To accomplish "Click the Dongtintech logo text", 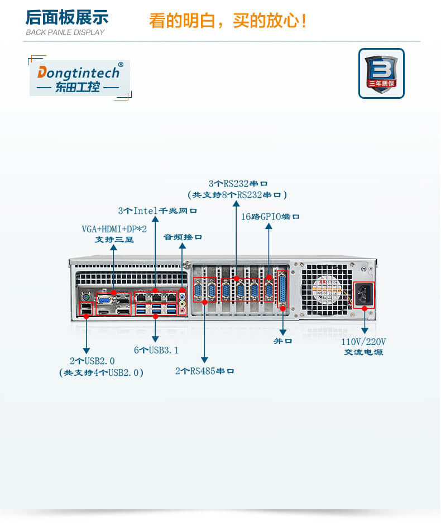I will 78,73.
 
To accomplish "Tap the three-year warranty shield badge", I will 381,73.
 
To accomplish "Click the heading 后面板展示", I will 67,17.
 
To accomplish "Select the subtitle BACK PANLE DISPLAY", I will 65,32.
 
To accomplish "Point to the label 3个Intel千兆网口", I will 157,211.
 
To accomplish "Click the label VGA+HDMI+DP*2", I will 114,229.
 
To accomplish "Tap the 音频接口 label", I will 183,237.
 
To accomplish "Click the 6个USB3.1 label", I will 156,350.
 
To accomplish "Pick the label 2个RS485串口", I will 204,371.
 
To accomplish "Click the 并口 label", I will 282,341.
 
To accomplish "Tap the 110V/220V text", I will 363,342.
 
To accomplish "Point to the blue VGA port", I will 104,299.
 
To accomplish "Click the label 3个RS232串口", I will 238,183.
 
